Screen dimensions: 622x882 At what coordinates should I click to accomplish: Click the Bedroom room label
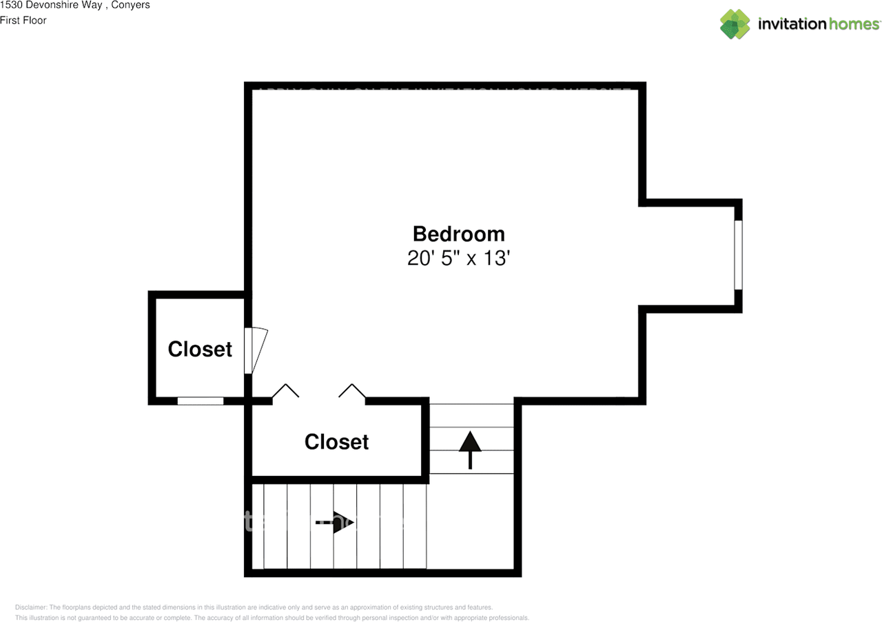458,234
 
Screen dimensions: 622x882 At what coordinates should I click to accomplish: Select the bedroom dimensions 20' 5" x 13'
458,259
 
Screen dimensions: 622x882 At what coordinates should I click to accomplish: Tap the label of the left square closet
200,349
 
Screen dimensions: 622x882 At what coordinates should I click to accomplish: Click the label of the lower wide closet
336,441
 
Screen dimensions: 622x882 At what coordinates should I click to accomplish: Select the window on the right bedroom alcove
738,254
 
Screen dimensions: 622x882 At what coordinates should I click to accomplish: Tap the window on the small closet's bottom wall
201,401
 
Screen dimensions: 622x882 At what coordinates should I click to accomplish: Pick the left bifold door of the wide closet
285,391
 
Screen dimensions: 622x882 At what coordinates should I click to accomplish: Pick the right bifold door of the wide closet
352,391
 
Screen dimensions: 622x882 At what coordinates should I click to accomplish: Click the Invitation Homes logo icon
735,24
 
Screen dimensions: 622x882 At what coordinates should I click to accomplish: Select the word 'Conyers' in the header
131,6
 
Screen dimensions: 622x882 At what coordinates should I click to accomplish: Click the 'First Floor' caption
23,21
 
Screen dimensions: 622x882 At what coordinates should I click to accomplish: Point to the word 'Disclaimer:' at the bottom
30,608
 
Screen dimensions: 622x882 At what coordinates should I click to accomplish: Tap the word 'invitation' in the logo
792,24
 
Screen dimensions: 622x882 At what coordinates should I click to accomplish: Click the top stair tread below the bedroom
471,416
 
